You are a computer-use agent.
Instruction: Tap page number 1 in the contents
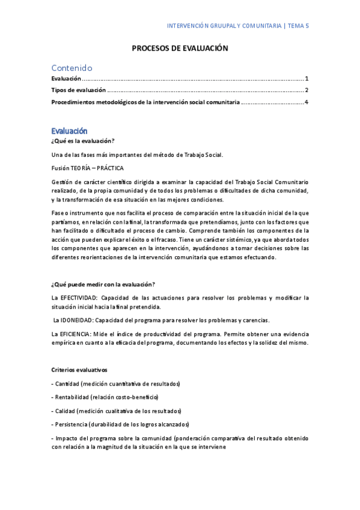coord(307,79)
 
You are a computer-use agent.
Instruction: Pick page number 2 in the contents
coord(307,90)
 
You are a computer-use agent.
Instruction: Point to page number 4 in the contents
coord(307,102)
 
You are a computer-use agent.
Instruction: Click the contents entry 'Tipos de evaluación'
coord(79,90)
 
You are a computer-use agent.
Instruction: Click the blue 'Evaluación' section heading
coord(69,131)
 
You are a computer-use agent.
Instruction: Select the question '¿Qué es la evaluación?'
coord(83,141)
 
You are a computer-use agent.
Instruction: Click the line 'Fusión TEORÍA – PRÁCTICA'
coord(88,168)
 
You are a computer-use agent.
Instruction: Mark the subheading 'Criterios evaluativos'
coord(79,369)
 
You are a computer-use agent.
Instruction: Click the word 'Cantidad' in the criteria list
coord(67,384)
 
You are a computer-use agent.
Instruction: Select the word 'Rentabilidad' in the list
coord(72,397)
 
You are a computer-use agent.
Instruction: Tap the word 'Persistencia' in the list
coord(72,424)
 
